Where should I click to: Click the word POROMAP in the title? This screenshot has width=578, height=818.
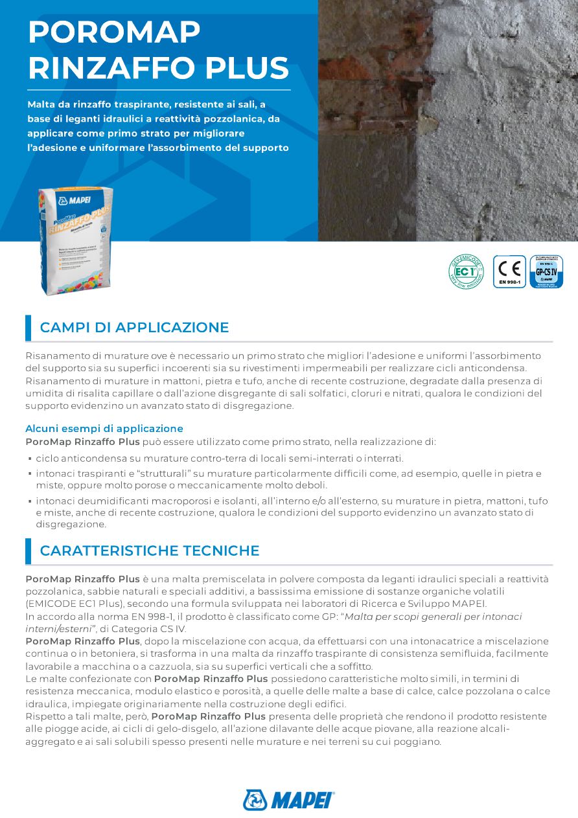click(114, 32)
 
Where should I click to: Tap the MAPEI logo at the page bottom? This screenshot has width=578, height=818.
click(288, 800)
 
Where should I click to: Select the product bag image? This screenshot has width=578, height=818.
click(75, 240)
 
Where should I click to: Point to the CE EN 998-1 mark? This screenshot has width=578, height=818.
click(509, 271)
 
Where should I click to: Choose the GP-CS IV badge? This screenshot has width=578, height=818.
click(546, 271)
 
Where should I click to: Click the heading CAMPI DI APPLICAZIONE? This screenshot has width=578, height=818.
click(134, 328)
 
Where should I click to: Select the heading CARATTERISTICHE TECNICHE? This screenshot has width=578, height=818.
click(149, 551)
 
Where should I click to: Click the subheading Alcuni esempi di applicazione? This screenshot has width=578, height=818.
click(104, 429)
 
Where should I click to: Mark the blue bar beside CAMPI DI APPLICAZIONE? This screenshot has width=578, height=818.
click(28, 328)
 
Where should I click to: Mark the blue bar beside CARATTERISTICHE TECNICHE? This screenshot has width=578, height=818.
click(28, 551)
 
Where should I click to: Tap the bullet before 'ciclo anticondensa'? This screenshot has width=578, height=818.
click(30, 459)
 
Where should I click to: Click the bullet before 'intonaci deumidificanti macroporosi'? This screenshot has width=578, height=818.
click(30, 502)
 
